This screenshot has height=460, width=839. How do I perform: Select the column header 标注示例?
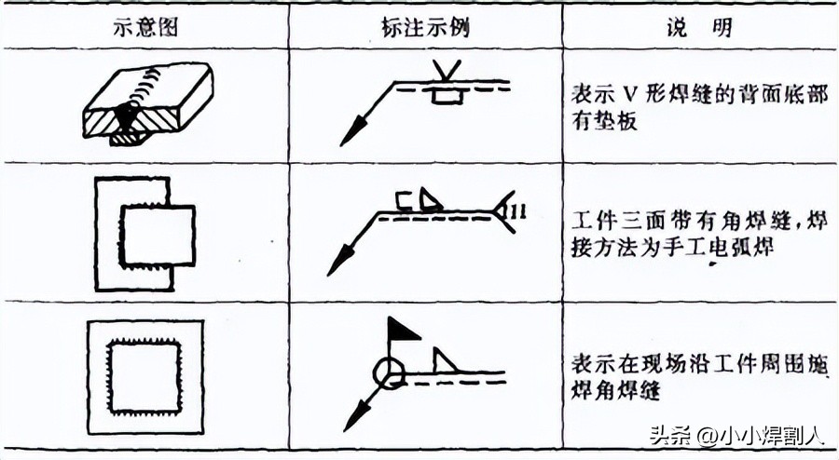tap(425, 26)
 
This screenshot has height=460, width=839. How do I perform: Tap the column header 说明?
tap(699, 26)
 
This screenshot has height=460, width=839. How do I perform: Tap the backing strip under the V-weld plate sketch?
tap(129, 138)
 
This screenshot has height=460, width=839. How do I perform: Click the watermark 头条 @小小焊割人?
tap(736, 434)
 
